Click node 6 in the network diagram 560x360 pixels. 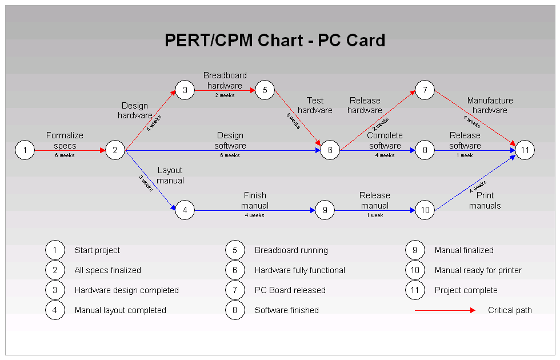coord(330,150)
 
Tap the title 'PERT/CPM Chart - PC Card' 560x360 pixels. coord(275,41)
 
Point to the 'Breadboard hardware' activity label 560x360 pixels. coord(225,81)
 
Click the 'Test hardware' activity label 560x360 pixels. coord(315,106)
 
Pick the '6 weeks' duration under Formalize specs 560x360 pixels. coord(65,155)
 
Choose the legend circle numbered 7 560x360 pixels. coord(235,290)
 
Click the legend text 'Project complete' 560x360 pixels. coord(466,290)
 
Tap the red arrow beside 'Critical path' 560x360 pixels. coord(445,310)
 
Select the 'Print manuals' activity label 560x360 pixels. coord(485,201)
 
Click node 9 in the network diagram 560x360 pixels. coord(325,210)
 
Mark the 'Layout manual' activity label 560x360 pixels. coord(170,175)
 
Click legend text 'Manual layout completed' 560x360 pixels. coord(120,310)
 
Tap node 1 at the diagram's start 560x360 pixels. coord(25,150)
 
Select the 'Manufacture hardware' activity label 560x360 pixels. coord(490,105)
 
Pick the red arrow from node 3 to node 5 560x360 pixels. coord(225,90)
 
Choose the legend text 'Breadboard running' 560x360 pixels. coord(291,250)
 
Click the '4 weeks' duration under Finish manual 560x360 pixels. coord(254,215)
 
